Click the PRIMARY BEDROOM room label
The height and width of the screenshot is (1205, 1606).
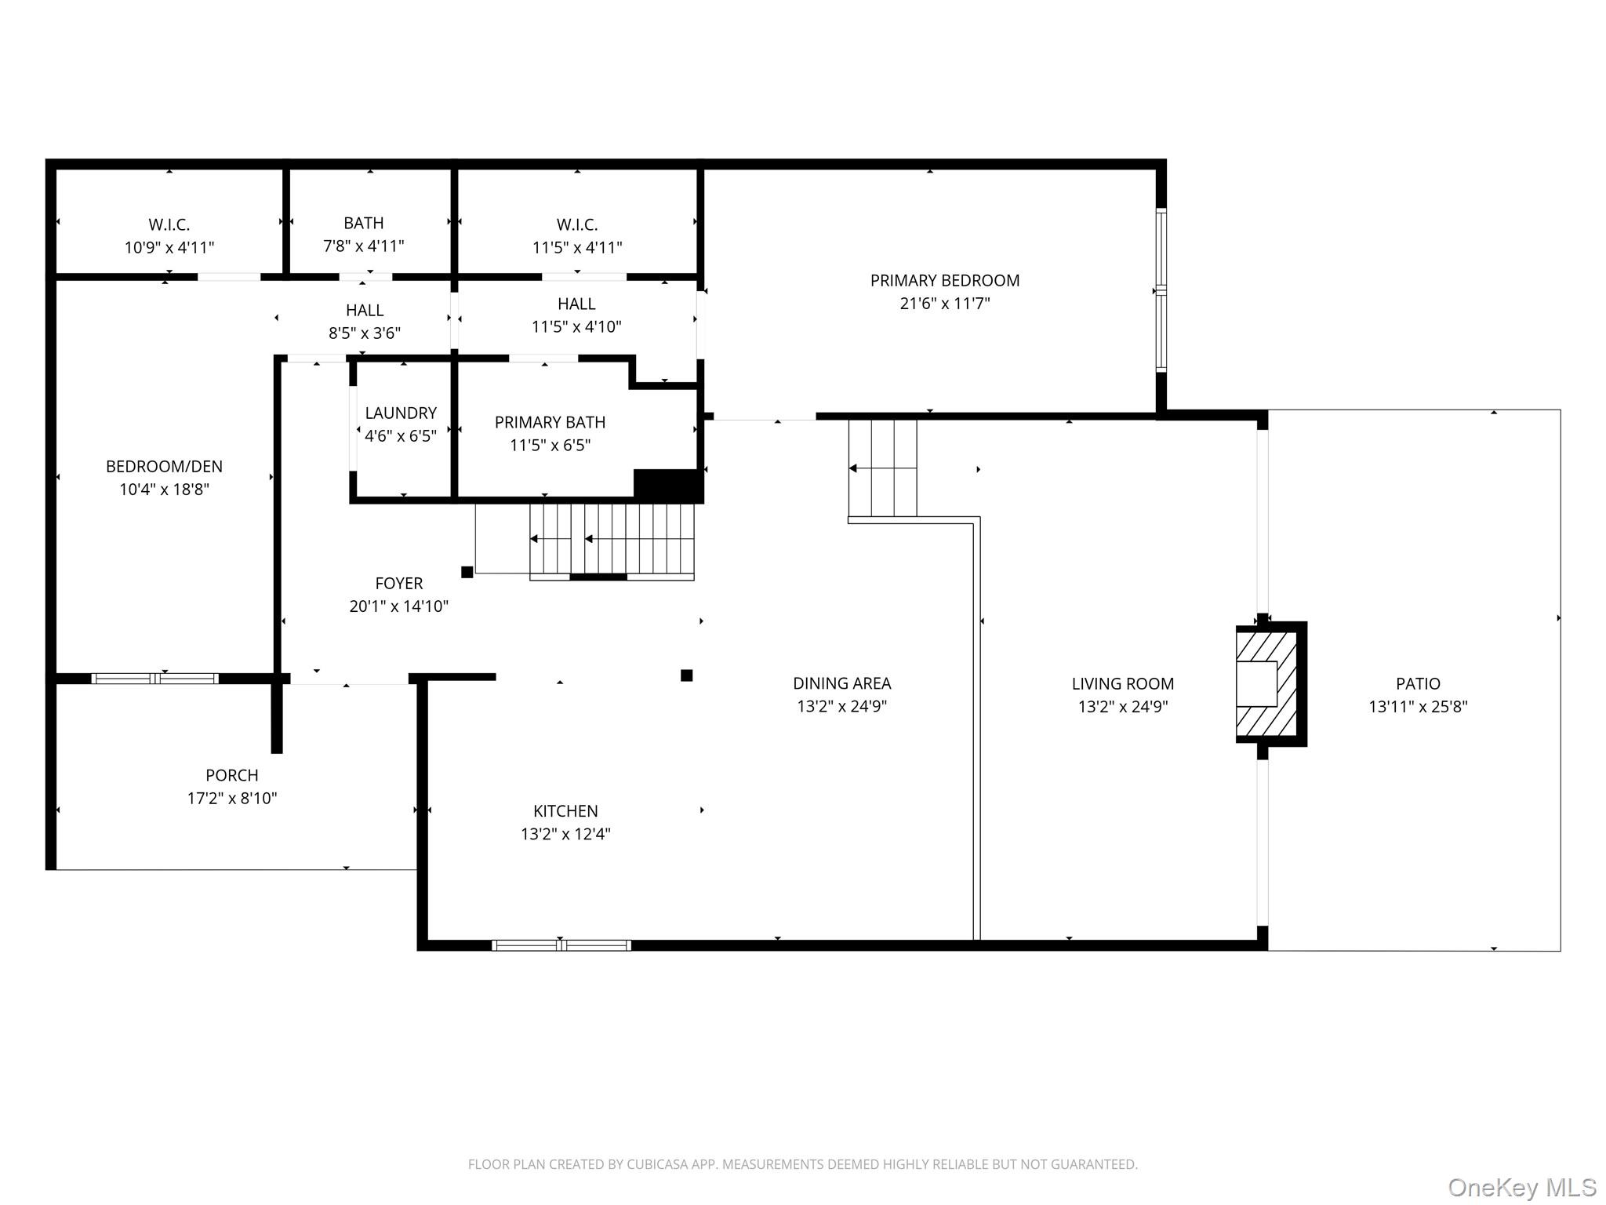[x=945, y=281]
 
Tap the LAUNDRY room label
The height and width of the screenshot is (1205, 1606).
[x=401, y=413]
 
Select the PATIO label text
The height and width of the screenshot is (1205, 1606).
[x=1418, y=684]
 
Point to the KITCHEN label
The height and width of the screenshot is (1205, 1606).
[x=565, y=811]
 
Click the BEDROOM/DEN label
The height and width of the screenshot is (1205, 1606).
[x=164, y=467]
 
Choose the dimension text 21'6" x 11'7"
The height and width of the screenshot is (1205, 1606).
[x=945, y=304]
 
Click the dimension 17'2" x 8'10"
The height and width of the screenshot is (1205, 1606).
[x=232, y=799]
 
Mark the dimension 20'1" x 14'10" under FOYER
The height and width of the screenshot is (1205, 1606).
[x=399, y=606]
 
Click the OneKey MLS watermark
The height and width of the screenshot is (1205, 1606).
[x=1522, y=1187]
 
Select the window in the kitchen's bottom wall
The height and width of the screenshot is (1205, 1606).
[x=561, y=945]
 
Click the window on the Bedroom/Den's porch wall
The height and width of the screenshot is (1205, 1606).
[x=155, y=679]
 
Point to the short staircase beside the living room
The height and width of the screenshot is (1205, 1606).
[x=883, y=468]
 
